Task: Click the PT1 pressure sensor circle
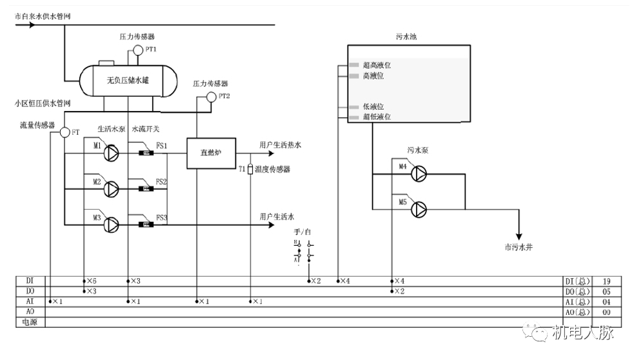tap(137, 50)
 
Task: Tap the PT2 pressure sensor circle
tap(210, 97)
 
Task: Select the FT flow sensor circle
tap(64, 132)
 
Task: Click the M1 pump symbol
tap(112, 153)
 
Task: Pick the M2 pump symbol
tap(112, 188)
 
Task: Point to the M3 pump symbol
tap(112, 225)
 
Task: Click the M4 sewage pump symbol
tap(419, 172)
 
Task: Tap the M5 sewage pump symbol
tap(419, 208)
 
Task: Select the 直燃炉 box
tap(211, 154)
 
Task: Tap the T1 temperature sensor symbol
tap(250, 170)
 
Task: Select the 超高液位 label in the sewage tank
tap(377, 65)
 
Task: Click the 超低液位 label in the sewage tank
tap(377, 117)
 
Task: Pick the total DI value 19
tap(607, 281)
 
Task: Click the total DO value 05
tap(607, 292)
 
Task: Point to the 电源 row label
tap(30, 322)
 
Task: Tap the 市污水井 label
tap(519, 247)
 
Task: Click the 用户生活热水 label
tap(280, 145)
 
